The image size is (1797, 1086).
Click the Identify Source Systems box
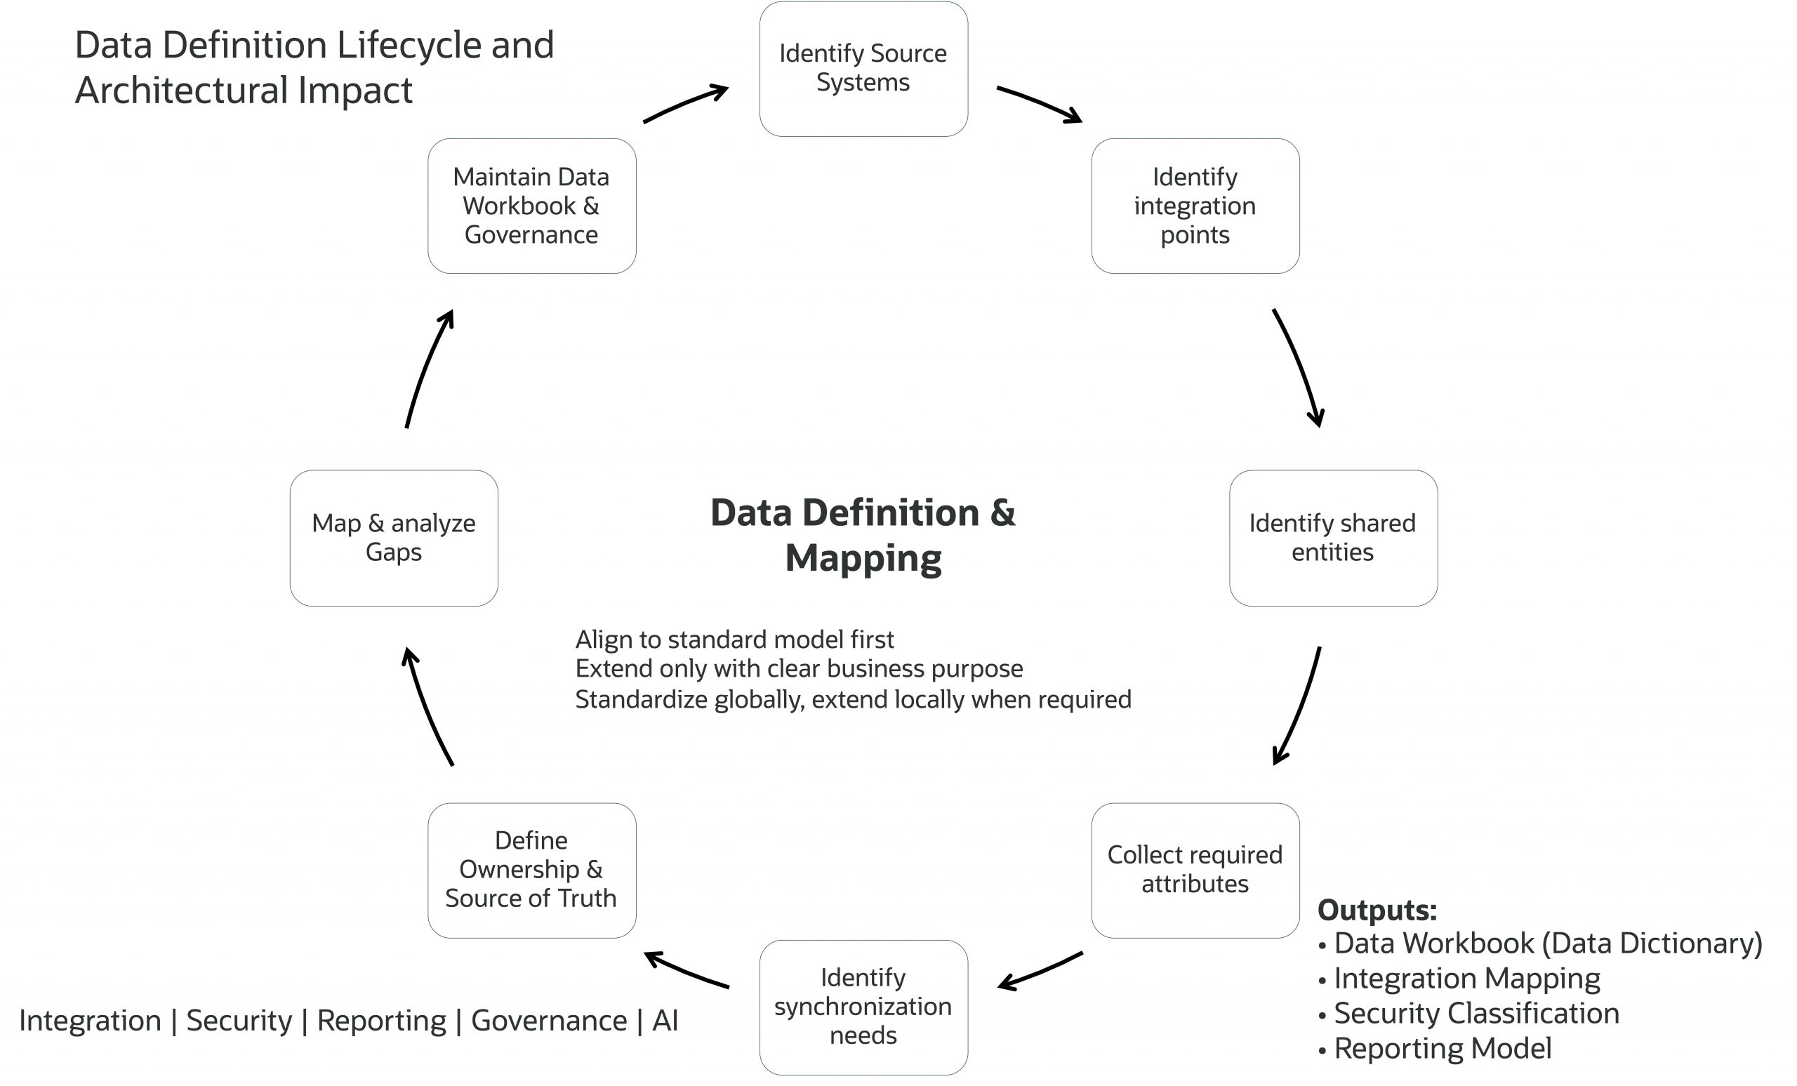863,69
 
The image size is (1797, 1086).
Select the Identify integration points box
1195,206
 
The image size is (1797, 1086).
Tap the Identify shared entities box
1333,538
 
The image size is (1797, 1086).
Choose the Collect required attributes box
1195,870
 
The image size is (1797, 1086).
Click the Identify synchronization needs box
863,1007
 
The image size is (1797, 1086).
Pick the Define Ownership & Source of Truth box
531,870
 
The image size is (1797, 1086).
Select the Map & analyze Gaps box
394,538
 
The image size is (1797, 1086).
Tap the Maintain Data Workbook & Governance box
531,206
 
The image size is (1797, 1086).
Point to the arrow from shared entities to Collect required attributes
1301,704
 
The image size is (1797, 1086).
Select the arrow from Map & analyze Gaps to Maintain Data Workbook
427,369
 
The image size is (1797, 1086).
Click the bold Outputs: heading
1377,910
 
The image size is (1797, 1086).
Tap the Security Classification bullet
1476,1014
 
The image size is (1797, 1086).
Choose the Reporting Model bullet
1443,1049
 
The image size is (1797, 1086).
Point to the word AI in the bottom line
665,1020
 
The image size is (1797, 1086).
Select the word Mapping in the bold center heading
863,559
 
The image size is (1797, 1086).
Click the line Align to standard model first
734,640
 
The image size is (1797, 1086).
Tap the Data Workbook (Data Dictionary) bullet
1548,943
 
